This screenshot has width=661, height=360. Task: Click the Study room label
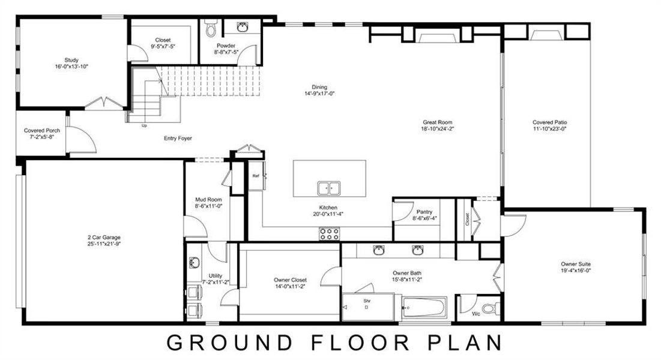[x=71, y=60]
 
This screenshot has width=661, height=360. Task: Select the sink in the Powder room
[x=243, y=28]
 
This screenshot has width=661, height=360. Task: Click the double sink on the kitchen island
[x=328, y=188]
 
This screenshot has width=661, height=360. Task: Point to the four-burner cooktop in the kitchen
[x=330, y=233]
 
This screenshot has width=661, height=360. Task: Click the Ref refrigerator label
[x=255, y=176]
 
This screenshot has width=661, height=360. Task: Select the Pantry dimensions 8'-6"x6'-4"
[x=424, y=218]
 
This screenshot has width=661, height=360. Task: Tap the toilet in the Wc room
[x=490, y=309]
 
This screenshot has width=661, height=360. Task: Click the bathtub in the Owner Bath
[x=424, y=308]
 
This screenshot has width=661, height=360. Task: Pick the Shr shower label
[x=366, y=300]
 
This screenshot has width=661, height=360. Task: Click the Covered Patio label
[x=549, y=122]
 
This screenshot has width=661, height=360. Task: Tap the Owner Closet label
[x=291, y=280]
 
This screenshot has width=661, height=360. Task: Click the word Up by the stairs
[x=144, y=126]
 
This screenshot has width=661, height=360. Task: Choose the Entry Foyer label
[x=178, y=139]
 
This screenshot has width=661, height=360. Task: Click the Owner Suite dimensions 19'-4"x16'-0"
[x=576, y=270]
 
